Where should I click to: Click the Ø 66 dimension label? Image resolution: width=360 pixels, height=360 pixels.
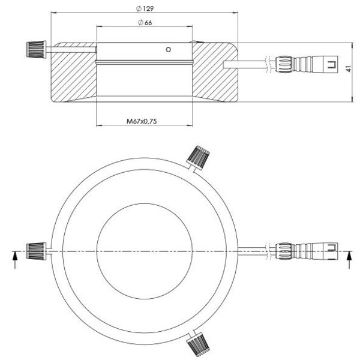tap(144, 22)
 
